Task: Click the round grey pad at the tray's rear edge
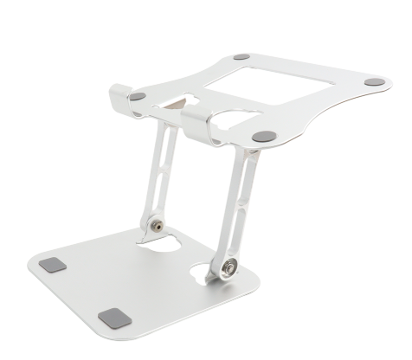(x=241, y=57)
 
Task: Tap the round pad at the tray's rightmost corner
(x=373, y=82)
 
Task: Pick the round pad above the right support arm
(x=261, y=136)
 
